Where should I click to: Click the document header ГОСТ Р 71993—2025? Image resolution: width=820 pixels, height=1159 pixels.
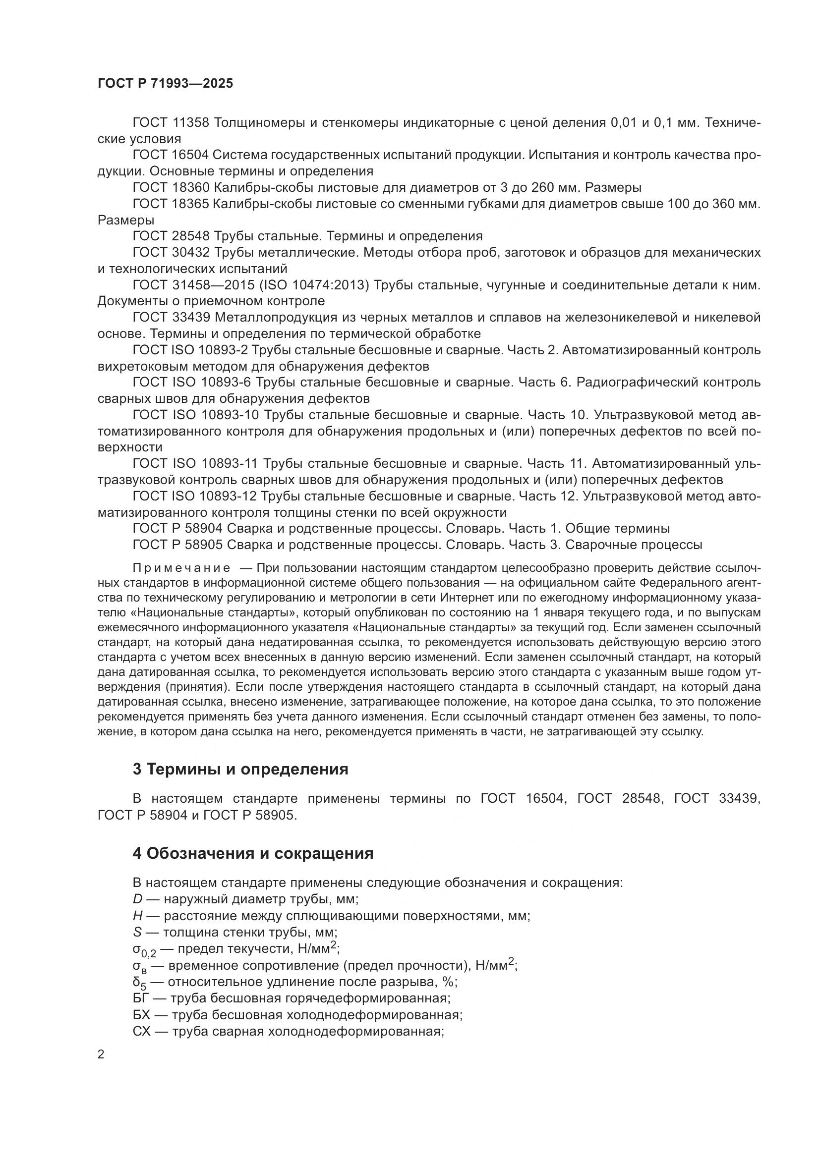pyautogui.click(x=165, y=84)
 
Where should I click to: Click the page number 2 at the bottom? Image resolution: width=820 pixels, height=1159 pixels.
pyautogui.click(x=101, y=1054)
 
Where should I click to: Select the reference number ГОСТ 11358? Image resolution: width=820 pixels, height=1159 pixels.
pyautogui.click(x=170, y=123)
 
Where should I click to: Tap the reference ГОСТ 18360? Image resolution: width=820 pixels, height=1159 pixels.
pyautogui.click(x=170, y=188)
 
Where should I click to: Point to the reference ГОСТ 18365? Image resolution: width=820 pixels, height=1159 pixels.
pyautogui.click(x=170, y=204)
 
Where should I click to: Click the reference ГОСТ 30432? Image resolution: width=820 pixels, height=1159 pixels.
pyautogui.click(x=170, y=252)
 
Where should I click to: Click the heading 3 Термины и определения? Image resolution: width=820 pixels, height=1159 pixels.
pyautogui.click(x=240, y=770)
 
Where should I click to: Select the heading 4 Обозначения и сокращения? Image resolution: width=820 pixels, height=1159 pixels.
pyautogui.click(x=252, y=854)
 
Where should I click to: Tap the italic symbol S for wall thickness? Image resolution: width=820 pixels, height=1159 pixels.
pyautogui.click(x=137, y=933)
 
